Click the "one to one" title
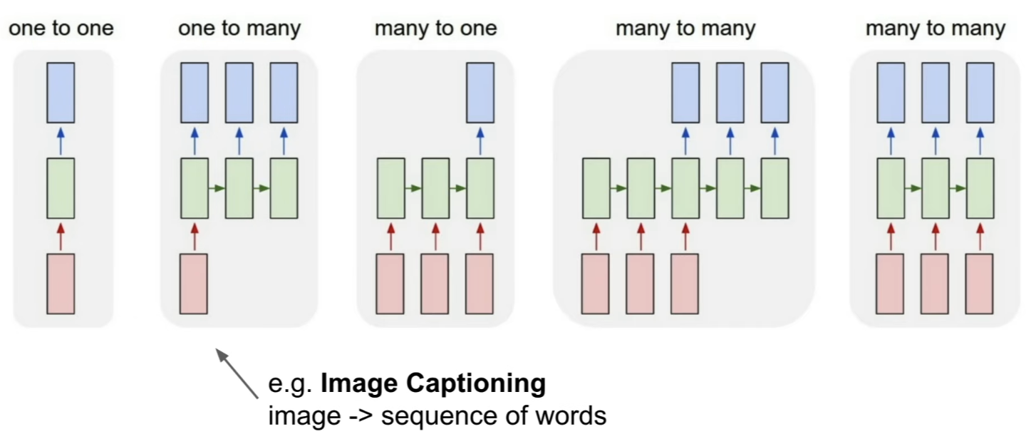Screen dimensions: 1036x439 click(x=61, y=29)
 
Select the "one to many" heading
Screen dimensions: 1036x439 click(x=239, y=29)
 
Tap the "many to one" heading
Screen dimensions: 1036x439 click(x=435, y=29)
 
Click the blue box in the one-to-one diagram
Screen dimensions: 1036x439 click(x=61, y=93)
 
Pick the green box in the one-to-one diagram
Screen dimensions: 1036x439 click(x=61, y=188)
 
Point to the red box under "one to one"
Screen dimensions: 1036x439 click(x=61, y=284)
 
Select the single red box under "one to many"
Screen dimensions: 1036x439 click(x=194, y=284)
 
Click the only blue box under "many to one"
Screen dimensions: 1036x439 click(x=480, y=93)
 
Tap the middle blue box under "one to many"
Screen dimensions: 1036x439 click(x=239, y=93)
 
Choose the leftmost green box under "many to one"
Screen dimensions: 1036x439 click(x=390, y=188)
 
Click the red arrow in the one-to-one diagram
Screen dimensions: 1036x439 click(x=61, y=237)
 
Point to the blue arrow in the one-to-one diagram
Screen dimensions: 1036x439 click(x=61, y=141)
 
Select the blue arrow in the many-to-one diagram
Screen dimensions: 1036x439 click(x=480, y=141)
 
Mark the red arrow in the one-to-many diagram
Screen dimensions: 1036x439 click(x=195, y=237)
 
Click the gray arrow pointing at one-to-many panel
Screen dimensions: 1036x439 click(x=237, y=373)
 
